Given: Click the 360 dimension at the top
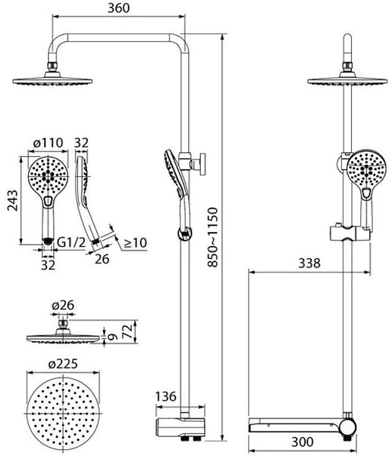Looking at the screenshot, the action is tap(118, 8).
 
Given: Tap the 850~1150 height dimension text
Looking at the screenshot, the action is tap(212, 237).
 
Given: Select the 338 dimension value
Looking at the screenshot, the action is tap(309, 263).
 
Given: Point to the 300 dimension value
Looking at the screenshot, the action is tap(302, 442).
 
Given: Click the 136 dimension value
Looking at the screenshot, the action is tap(166, 396).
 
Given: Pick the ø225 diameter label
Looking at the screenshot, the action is tap(63, 364).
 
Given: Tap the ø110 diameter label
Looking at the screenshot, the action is tap(48, 142).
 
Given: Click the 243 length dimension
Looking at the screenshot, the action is tap(12, 200).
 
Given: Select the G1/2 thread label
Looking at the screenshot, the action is tap(71, 242).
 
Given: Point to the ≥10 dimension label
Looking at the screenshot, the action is tap(135, 242).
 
